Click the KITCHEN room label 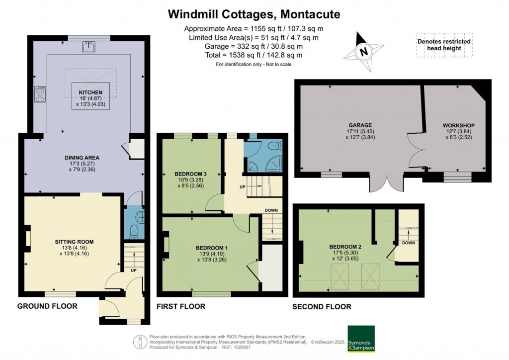(90, 92)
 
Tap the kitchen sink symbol (89, 47)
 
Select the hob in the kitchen (40, 94)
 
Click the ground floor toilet (132, 231)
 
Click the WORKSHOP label (458, 125)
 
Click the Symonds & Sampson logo (360, 339)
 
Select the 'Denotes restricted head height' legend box (444, 45)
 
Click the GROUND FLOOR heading (47, 306)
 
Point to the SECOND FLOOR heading (322, 307)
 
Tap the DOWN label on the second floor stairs (409, 243)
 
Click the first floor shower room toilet (273, 145)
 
